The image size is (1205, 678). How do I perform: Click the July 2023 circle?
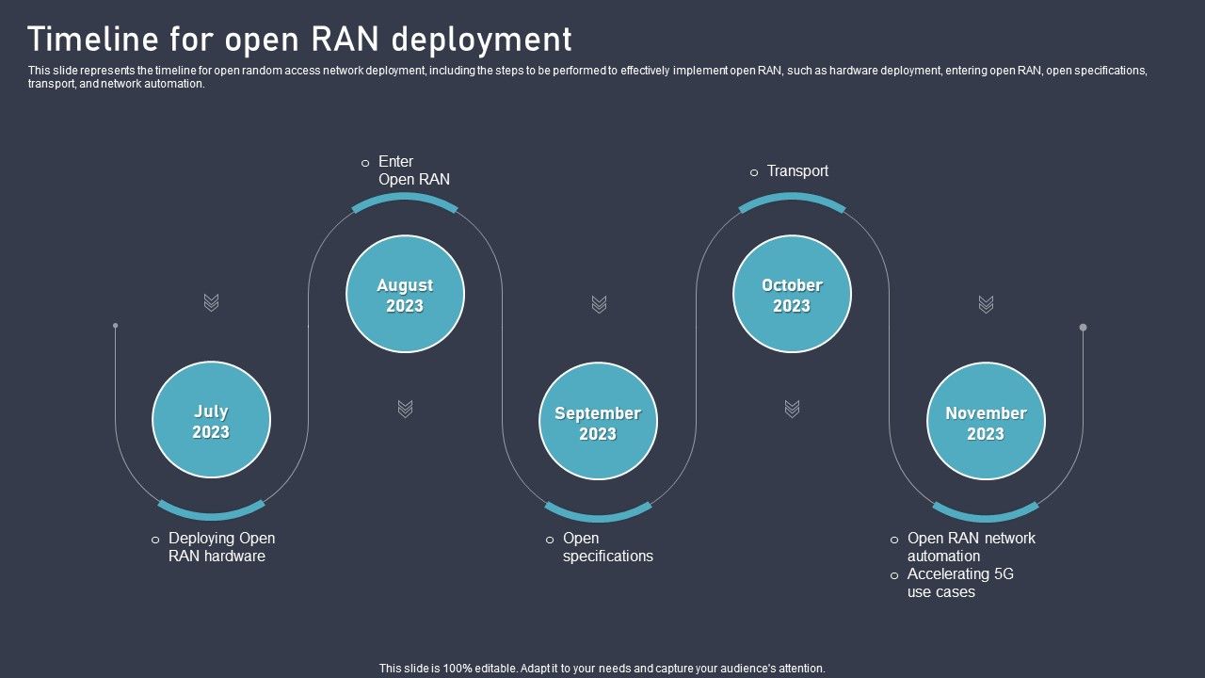pos(211,421)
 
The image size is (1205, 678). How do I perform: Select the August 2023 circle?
pos(405,295)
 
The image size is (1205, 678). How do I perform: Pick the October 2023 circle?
pos(792,295)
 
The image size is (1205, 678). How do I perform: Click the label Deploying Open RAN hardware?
pos(221,547)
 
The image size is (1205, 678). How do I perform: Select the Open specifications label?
pos(607,547)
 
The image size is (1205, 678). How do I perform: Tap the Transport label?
pos(797,171)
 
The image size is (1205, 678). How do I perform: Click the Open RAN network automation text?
pos(971,547)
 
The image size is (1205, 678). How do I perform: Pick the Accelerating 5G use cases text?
pos(959,583)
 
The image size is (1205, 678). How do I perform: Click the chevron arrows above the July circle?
pos(212,302)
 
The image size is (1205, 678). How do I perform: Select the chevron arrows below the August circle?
pos(405,409)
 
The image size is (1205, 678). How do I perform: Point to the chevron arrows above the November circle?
pos(986,304)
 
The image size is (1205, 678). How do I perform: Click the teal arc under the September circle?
pos(598,515)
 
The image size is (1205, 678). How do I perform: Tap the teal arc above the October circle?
pos(792,198)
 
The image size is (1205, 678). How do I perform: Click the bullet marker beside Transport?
pos(754,172)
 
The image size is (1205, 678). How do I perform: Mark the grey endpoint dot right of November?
pos(1083,328)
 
